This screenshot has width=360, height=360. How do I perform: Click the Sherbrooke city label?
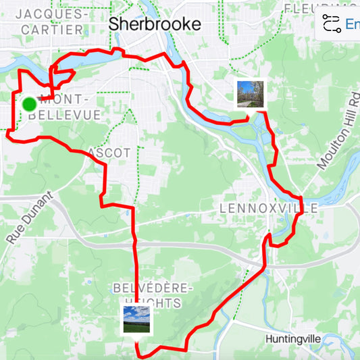pos(155,24)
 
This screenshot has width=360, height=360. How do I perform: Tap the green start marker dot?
pos(29,104)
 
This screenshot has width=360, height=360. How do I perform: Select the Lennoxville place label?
pos(268,208)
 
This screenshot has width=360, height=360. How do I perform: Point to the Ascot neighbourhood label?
pos(108,153)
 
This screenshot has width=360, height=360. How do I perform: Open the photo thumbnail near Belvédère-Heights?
pos(136,319)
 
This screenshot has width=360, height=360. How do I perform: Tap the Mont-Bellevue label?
pos(66,107)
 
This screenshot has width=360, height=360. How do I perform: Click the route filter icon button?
pos(331,24)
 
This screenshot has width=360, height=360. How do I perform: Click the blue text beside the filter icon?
pos(352,24)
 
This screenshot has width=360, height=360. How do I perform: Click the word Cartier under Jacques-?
pos(53,30)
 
